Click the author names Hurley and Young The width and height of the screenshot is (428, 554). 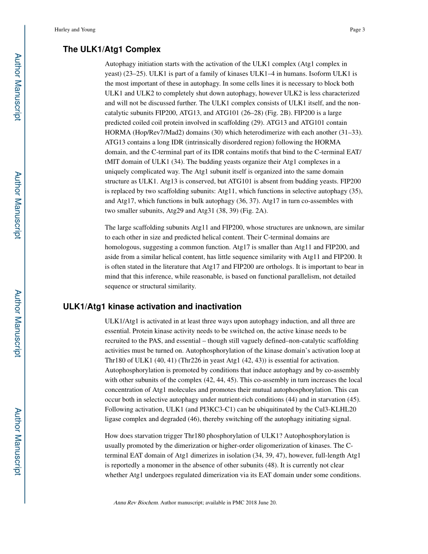click(x=75, y=30)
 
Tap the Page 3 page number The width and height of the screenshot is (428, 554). click(x=357, y=30)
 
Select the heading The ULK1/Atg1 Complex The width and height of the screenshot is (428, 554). click(x=112, y=50)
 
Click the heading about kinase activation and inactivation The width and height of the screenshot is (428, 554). click(x=152, y=307)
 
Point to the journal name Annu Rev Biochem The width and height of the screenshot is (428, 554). click(x=136, y=503)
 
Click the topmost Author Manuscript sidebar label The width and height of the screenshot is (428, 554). click(x=18, y=87)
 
